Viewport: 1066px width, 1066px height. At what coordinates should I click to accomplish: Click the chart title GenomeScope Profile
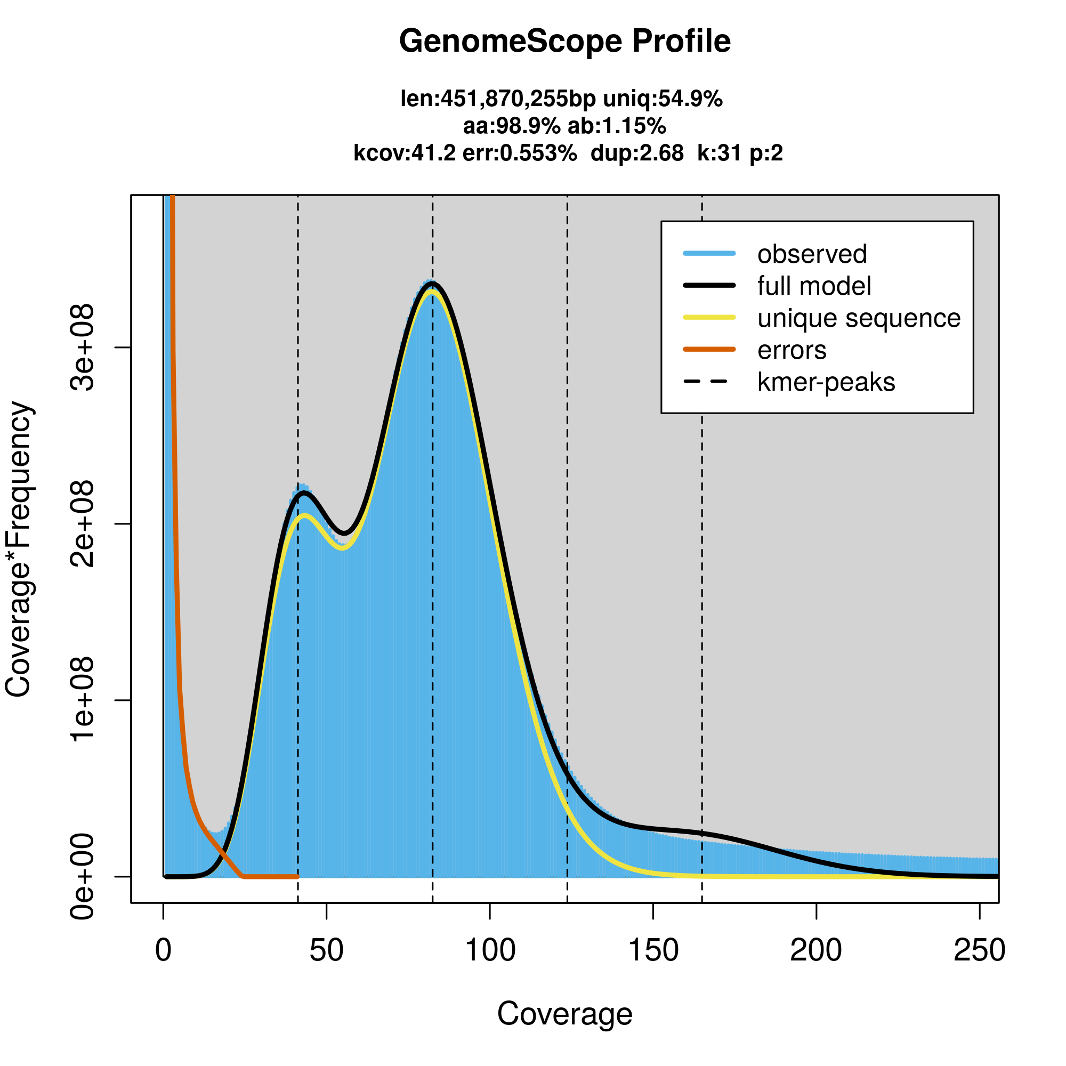coord(564,42)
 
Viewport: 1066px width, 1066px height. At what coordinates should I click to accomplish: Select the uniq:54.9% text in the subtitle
coord(663,99)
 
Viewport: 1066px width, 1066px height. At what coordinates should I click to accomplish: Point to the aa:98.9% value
coord(512,126)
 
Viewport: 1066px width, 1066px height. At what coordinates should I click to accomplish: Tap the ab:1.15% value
coord(617,126)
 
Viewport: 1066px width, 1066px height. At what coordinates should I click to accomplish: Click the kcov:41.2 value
coord(405,153)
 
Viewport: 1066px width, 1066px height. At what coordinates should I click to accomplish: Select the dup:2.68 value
coord(637,153)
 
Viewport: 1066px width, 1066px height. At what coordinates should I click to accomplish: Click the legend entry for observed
coord(812,254)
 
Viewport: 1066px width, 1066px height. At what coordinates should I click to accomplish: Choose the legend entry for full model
coord(814,286)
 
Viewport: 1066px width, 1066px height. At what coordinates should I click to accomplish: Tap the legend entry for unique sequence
coord(859,318)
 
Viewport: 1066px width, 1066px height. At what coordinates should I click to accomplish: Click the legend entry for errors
coord(792,350)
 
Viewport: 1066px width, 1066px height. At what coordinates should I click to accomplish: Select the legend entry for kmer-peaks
coord(826,382)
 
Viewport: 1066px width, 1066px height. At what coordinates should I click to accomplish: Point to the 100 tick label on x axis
coord(490,950)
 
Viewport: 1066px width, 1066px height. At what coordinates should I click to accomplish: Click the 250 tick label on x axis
coord(979,950)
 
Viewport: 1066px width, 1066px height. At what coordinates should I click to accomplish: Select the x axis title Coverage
coord(564,1014)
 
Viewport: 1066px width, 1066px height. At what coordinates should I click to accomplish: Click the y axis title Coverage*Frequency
coord(19,549)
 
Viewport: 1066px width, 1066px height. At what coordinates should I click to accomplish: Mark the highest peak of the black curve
coord(433,284)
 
